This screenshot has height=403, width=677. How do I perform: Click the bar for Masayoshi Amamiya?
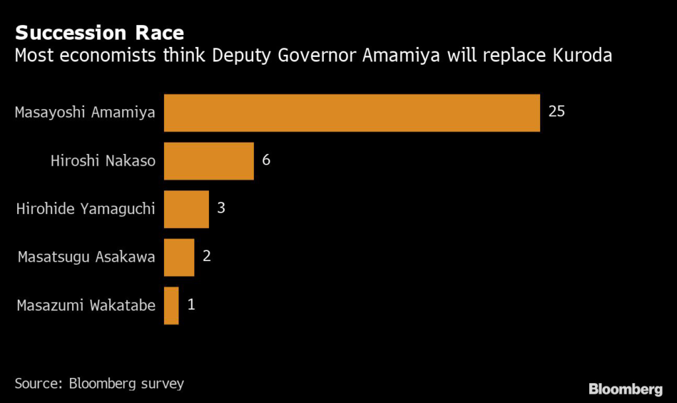pyautogui.click(x=352, y=112)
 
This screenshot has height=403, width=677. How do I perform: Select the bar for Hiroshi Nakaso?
pyautogui.click(x=209, y=161)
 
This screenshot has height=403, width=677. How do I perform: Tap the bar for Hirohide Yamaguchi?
pyautogui.click(x=186, y=209)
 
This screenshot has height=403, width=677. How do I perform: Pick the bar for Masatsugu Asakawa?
pyautogui.click(x=179, y=257)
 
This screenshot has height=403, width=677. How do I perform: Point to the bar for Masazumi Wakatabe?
pyautogui.click(x=171, y=305)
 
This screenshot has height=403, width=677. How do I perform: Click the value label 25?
pyautogui.click(x=557, y=112)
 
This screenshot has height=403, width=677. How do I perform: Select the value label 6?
pyautogui.click(x=266, y=160)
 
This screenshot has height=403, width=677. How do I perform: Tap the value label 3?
pyautogui.click(x=221, y=208)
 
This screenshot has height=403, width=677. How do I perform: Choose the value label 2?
pyautogui.click(x=207, y=256)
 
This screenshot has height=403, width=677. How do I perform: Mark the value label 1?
pyautogui.click(x=192, y=305)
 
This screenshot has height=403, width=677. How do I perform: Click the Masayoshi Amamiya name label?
pyautogui.click(x=85, y=112)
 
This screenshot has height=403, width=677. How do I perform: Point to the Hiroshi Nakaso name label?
pyautogui.click(x=103, y=161)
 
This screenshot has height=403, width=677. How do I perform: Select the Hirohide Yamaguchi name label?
pyautogui.click(x=86, y=209)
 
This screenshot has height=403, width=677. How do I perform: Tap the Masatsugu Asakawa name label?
pyautogui.click(x=87, y=257)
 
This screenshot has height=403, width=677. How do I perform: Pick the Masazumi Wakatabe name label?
pyautogui.click(x=86, y=305)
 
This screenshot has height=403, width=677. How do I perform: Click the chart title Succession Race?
pyautogui.click(x=99, y=32)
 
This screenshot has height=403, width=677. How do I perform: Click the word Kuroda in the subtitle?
pyautogui.click(x=582, y=55)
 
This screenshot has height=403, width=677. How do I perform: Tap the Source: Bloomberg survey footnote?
pyautogui.click(x=99, y=383)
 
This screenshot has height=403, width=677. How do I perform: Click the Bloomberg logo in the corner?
pyautogui.click(x=625, y=388)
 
